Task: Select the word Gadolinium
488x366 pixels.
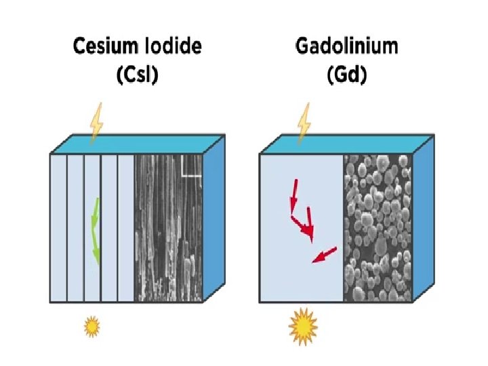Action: pyautogui.click(x=346, y=47)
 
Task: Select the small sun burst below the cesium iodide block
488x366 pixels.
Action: pyautogui.click(x=91, y=327)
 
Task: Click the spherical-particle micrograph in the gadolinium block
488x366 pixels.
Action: pyautogui.click(x=378, y=227)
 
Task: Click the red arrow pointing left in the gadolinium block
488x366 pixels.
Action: pyautogui.click(x=325, y=255)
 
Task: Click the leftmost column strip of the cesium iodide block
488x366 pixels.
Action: pyautogui.click(x=58, y=227)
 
